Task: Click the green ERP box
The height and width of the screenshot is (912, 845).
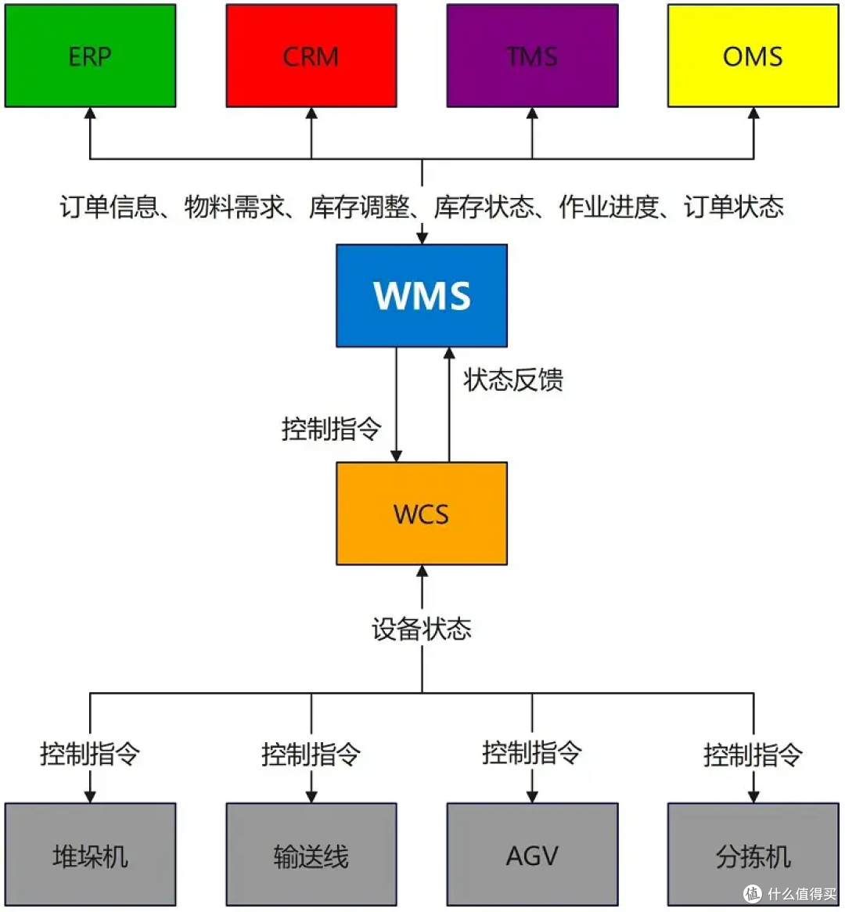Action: click(90, 56)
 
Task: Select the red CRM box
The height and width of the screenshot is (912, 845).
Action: click(311, 56)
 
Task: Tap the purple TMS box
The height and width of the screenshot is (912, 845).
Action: click(532, 56)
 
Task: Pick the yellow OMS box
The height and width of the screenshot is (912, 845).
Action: click(753, 56)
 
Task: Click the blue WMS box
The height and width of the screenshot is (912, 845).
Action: click(422, 295)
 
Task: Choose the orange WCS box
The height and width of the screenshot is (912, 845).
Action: click(422, 514)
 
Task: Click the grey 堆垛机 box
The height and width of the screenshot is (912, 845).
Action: click(90, 855)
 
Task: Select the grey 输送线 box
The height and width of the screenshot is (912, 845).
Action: click(311, 855)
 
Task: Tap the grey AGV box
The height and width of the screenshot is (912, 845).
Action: click(532, 855)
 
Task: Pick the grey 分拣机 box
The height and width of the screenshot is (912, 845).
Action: click(753, 855)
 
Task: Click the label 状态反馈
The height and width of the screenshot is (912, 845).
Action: click(512, 380)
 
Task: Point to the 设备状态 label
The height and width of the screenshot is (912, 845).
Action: click(422, 629)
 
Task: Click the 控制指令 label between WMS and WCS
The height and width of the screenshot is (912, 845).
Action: click(332, 429)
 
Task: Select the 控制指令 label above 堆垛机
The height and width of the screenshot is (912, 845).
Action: click(90, 754)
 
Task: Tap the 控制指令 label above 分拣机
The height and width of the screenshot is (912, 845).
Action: click(753, 755)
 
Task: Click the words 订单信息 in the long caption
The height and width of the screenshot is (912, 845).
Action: click(110, 207)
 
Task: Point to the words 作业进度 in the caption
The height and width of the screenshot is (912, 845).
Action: click(609, 207)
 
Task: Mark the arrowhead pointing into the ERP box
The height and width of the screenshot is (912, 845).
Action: click(90, 114)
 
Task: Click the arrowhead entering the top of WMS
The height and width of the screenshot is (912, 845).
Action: click(422, 237)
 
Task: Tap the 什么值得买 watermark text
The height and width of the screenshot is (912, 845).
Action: click(801, 894)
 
